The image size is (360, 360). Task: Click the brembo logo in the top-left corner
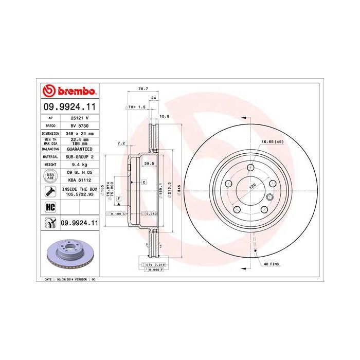(x=69, y=92)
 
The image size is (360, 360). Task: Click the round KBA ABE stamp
(x=51, y=176)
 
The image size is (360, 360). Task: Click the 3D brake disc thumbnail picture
(x=69, y=254)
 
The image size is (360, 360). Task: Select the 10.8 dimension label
(x=165, y=116)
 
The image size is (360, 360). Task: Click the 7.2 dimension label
(x=121, y=142)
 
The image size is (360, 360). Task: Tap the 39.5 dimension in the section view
(x=149, y=163)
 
